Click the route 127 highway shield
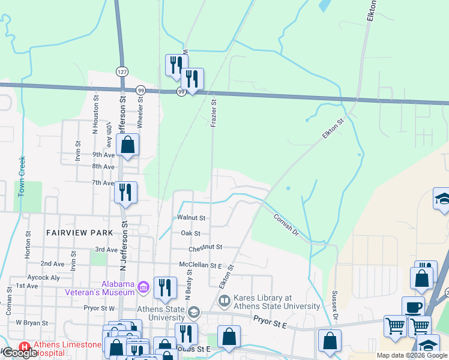122,71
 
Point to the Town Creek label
22,174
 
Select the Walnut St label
191,218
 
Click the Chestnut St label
205,247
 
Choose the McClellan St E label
200,265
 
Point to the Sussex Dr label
336,304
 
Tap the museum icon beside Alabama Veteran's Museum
143,288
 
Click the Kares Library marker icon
224,301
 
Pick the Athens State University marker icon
194,312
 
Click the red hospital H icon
25,347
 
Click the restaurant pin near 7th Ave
125,193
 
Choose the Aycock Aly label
44,278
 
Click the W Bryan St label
31,322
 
